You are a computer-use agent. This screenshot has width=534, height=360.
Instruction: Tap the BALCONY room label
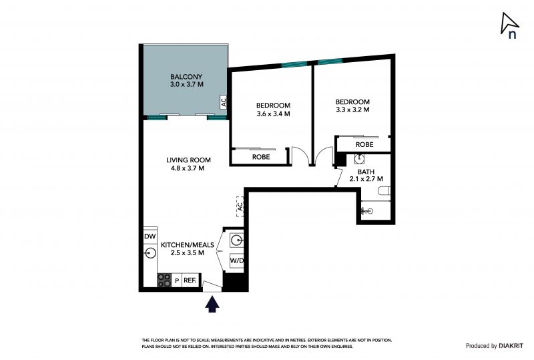[x=186, y=77]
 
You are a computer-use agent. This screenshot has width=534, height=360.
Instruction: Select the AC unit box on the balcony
[x=224, y=102]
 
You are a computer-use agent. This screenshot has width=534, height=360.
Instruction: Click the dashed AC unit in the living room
[x=240, y=206]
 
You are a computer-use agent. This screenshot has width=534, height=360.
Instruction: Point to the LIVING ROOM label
[x=188, y=160]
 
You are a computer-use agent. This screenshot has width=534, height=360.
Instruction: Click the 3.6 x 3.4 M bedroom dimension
[x=273, y=114]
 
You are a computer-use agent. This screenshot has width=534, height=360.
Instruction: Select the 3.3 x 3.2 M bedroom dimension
[x=352, y=110]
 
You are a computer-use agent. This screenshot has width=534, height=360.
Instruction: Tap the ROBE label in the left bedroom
[x=261, y=157]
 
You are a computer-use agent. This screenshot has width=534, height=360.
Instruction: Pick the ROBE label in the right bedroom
[x=364, y=144]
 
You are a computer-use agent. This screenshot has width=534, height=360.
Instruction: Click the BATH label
[x=366, y=172]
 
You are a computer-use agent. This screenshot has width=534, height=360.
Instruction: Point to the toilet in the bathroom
[x=384, y=190]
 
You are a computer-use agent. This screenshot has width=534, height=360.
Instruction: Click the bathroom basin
[x=359, y=159]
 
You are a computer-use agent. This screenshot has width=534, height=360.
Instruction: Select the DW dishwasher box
[x=150, y=236]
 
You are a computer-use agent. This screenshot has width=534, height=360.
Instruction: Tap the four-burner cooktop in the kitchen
[x=164, y=281]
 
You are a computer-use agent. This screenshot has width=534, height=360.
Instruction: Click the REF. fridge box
[x=190, y=281]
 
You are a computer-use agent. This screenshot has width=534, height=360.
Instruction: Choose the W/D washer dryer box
[x=237, y=260]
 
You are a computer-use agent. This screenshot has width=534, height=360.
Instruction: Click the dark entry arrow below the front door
[x=212, y=304]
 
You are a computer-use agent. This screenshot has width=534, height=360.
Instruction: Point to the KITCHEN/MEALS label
[x=188, y=244]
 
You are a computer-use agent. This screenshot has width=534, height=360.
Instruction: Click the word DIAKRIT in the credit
[x=511, y=346]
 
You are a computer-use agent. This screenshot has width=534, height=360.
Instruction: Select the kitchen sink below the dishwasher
[x=150, y=253]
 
